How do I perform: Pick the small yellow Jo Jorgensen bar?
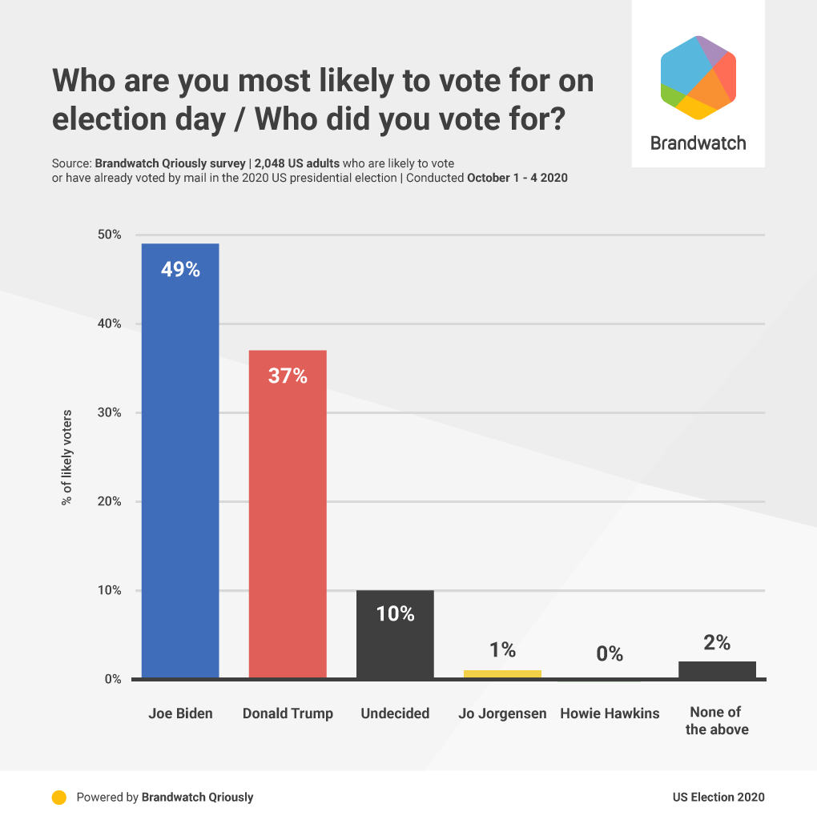tap(502, 673)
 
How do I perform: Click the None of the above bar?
tap(717, 669)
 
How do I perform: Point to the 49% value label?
tap(180, 269)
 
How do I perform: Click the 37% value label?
tap(288, 376)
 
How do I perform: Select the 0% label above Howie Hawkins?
tap(610, 653)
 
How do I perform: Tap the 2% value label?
tap(717, 642)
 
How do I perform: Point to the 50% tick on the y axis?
tap(109, 235)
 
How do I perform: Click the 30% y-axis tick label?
tap(109, 412)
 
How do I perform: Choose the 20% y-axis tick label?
tap(109, 501)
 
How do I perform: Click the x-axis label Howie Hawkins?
tap(610, 713)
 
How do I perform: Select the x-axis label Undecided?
tap(395, 713)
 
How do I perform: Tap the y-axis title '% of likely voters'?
tap(67, 457)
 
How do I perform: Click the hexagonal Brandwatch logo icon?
tap(698, 78)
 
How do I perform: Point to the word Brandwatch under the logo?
tap(698, 143)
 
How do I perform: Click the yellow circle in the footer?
tap(58, 797)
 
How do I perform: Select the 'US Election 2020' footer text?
tap(718, 797)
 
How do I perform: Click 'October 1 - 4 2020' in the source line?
tap(517, 178)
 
